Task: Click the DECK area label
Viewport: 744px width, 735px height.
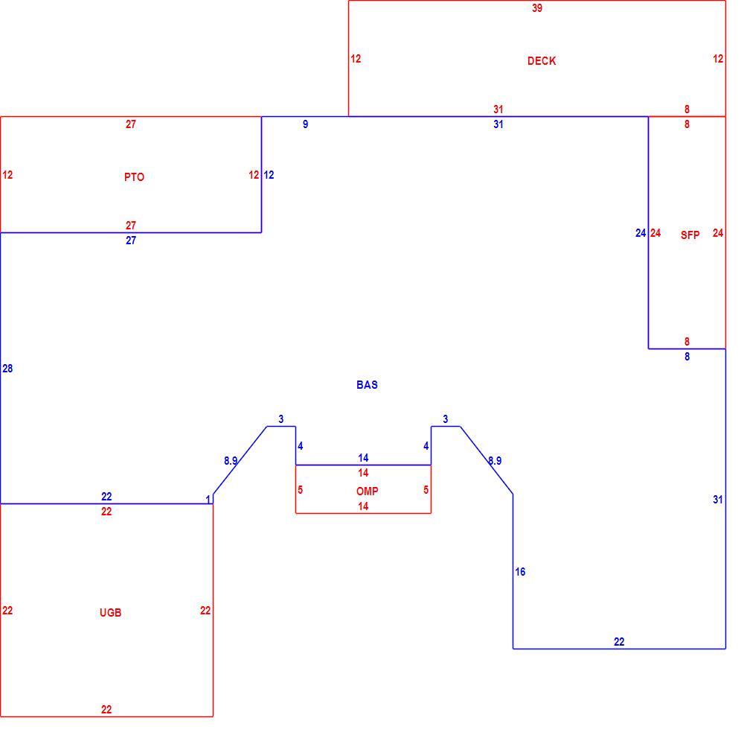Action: click(x=542, y=61)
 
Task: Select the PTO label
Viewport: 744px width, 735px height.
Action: click(x=134, y=177)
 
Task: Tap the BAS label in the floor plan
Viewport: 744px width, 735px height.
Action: click(x=367, y=384)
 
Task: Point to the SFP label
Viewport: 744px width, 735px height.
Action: click(x=690, y=235)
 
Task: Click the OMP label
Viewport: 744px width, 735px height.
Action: click(x=368, y=491)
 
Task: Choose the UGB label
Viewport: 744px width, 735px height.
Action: click(x=111, y=612)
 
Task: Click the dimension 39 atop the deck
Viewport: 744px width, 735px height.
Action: click(x=537, y=8)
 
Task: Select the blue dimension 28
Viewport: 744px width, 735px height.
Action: click(x=7, y=369)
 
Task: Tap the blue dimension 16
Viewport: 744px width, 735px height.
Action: click(x=520, y=572)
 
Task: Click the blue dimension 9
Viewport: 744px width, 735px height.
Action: click(x=306, y=124)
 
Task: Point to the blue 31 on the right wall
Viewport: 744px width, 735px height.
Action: click(x=718, y=500)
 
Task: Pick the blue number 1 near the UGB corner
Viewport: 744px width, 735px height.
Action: click(x=208, y=500)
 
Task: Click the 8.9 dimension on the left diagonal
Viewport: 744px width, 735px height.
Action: click(x=231, y=460)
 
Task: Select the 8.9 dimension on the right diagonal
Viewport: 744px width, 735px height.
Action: click(x=495, y=460)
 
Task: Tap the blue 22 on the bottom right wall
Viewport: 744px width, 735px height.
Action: click(x=619, y=642)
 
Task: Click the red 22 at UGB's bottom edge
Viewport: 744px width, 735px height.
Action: click(x=106, y=710)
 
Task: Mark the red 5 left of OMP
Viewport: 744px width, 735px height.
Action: click(x=301, y=489)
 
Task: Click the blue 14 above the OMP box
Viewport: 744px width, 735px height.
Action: click(x=363, y=458)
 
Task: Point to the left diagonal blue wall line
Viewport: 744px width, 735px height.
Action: click(x=240, y=460)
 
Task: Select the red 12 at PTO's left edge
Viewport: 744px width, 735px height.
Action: click(x=7, y=175)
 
